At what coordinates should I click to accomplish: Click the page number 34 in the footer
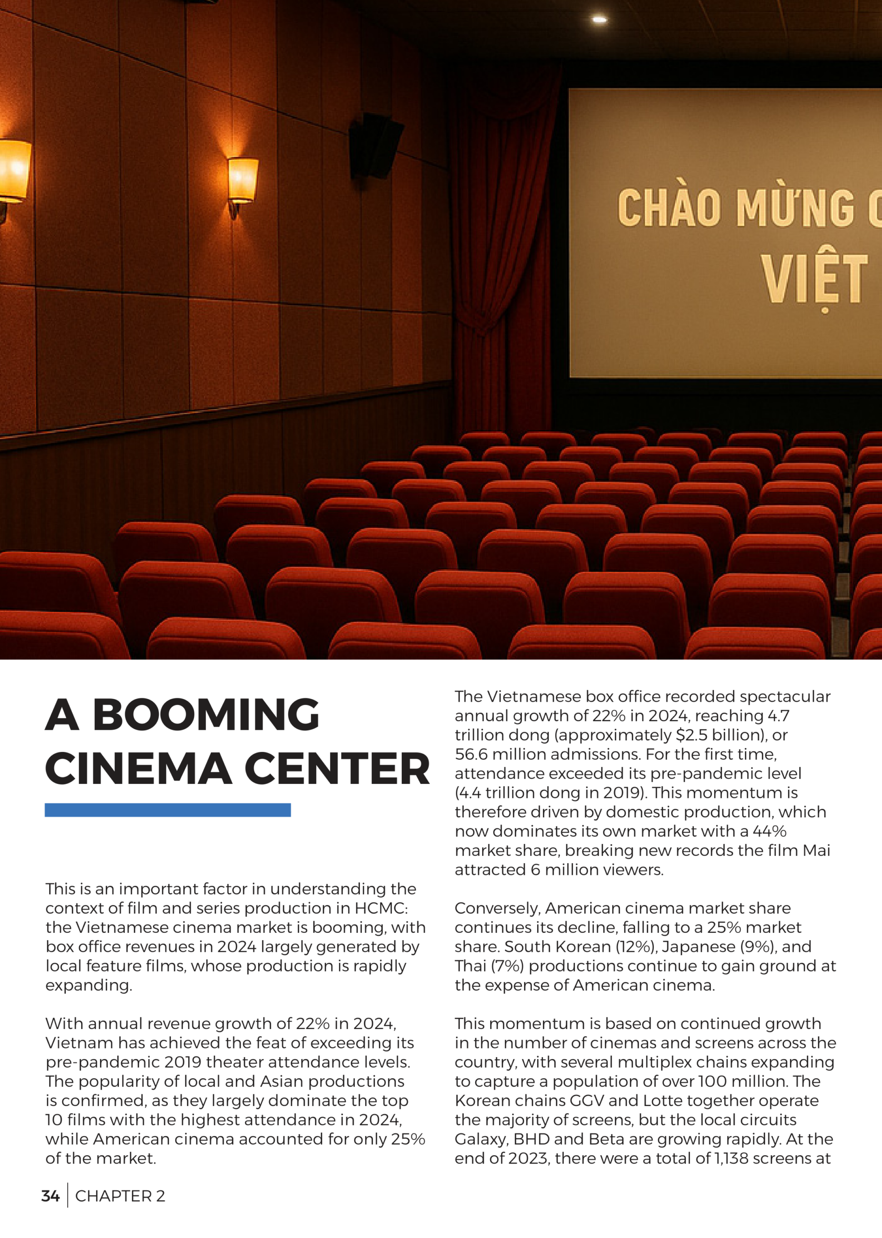click(50, 1195)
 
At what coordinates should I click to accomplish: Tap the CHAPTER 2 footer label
click(120, 1195)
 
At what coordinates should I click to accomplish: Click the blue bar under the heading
click(167, 810)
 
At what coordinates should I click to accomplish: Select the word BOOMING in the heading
click(206, 715)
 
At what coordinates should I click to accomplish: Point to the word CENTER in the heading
click(337, 769)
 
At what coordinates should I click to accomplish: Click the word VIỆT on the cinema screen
click(813, 280)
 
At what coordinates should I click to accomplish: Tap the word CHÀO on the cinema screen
click(669, 207)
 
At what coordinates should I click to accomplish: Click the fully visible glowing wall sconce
click(242, 181)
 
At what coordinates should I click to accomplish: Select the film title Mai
click(816, 850)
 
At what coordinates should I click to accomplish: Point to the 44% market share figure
click(769, 831)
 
